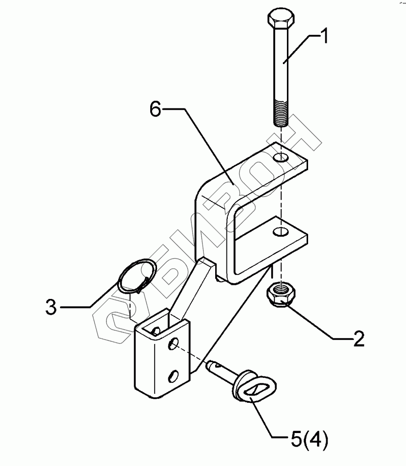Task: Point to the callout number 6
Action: (155, 109)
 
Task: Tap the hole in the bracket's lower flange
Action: (281, 232)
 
